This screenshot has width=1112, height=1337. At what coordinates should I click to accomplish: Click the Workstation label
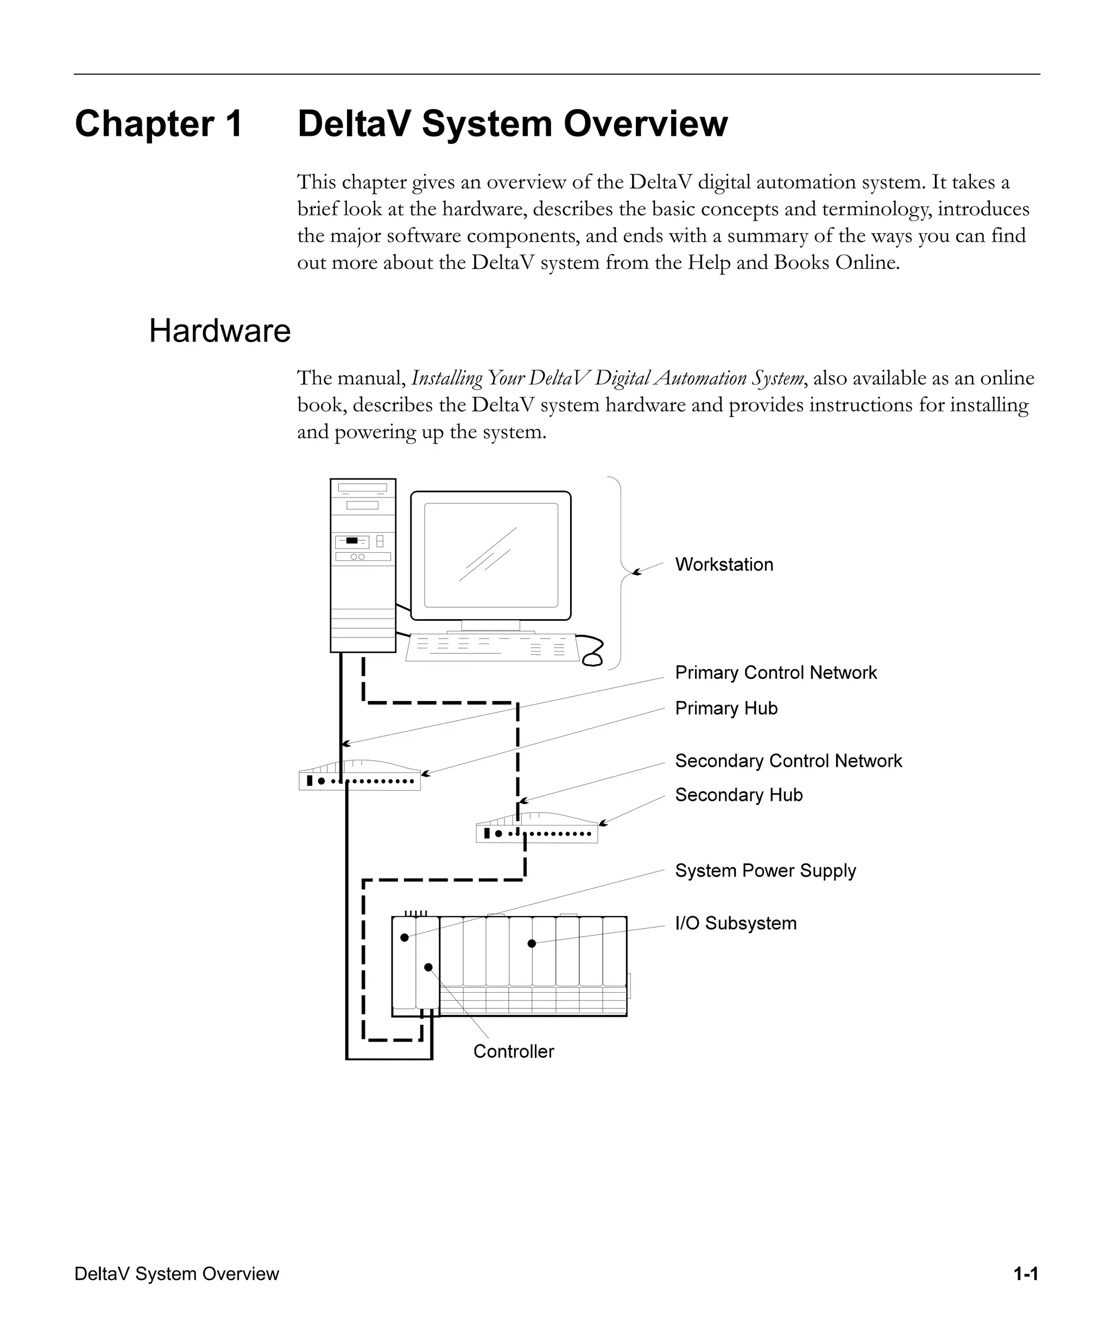(724, 565)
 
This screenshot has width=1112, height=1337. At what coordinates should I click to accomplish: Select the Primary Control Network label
(775, 673)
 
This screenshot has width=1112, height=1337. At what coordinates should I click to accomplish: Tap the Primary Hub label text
(725, 709)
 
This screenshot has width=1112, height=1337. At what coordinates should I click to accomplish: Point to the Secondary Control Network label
(788, 761)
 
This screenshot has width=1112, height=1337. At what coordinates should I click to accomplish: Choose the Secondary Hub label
(738, 795)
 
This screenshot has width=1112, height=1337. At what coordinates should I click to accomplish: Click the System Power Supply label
(765, 871)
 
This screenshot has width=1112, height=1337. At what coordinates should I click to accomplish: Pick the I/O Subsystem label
(735, 924)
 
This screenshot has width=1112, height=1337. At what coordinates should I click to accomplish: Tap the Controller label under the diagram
(513, 1052)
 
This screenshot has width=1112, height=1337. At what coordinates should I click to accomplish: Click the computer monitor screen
(491, 555)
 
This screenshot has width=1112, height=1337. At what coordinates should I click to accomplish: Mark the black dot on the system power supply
(404, 938)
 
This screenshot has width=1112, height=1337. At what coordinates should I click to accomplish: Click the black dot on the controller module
(428, 968)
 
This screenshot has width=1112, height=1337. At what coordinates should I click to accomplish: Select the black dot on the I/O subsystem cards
(532, 943)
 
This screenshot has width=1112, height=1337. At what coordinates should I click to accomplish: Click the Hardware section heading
(219, 331)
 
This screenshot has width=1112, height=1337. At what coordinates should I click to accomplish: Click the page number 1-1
(1026, 1274)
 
